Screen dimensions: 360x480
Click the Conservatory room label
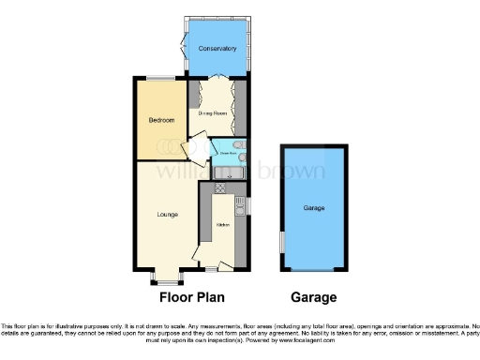pos(217,48)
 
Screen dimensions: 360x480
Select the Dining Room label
pos(213,112)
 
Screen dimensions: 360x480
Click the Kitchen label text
pos(223,225)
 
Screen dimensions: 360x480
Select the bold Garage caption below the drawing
pos(313,297)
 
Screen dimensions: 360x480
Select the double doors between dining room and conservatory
pos(217,78)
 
